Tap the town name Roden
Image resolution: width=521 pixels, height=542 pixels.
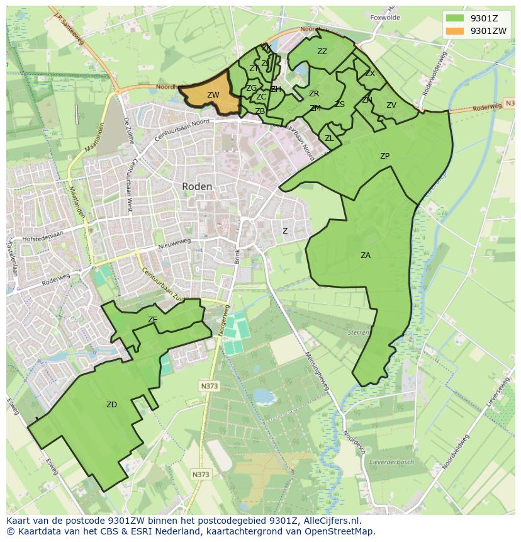(197, 186)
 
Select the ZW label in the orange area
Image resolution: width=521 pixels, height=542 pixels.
(213, 95)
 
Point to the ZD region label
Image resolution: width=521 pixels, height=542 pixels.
(111, 405)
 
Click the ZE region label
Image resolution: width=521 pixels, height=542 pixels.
(152, 320)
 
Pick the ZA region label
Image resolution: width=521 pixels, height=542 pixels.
(366, 256)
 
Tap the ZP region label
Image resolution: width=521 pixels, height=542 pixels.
(384, 156)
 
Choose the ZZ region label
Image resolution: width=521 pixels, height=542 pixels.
(322, 52)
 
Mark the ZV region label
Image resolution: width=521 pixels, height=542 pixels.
(391, 105)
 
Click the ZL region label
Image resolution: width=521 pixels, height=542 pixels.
(329, 138)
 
